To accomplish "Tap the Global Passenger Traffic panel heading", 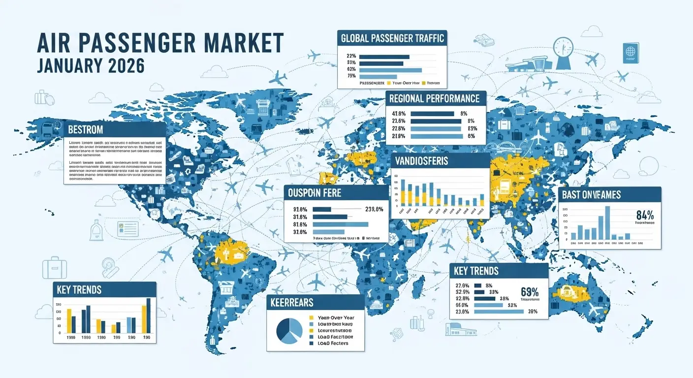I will pos(392,38).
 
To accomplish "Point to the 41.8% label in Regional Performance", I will pos(397,113).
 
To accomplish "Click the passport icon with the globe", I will pos(630,51).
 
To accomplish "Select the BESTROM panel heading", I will pos(86,130).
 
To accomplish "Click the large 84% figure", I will pos(645,215).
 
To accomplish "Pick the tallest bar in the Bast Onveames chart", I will pos(607,222).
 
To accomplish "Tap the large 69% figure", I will pos(530,291).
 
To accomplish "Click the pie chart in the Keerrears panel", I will pos(289,330).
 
